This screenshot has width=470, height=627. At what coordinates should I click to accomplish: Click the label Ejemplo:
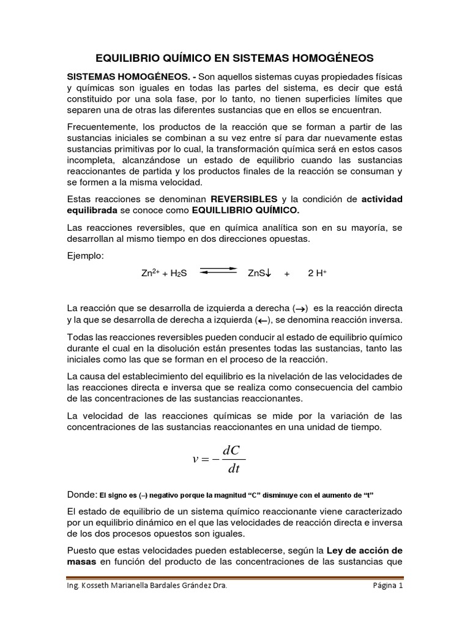tap(85, 255)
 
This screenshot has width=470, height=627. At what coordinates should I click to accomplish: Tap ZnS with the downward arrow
tap(259, 274)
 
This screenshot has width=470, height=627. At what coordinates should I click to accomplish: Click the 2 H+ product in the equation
tap(317, 274)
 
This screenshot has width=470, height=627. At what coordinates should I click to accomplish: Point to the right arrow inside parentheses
tap(300, 308)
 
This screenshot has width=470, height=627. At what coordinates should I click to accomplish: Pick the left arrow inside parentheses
tap(263, 320)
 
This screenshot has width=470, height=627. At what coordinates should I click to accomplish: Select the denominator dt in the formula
tap(233, 470)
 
